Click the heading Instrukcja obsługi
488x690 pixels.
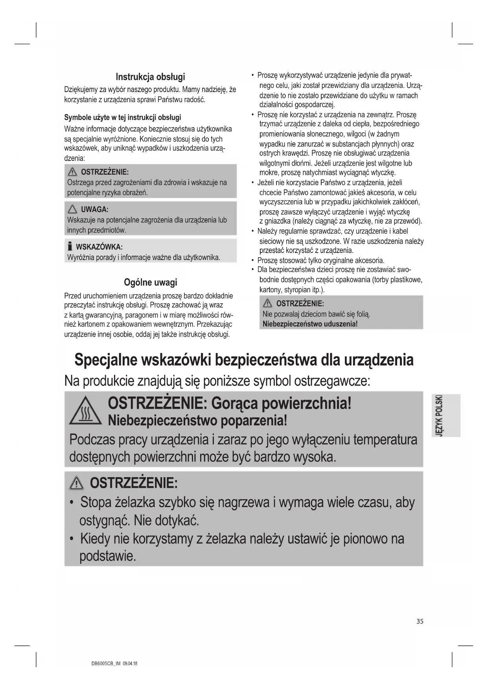tap(150, 77)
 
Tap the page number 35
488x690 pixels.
tap(420, 621)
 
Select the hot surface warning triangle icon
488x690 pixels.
tap(85, 411)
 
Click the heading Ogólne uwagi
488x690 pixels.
tap(150, 282)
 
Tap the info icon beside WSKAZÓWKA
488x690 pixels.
tap(70, 247)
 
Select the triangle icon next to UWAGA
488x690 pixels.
tap(72, 209)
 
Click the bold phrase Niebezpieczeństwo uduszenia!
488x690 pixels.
tap(310, 324)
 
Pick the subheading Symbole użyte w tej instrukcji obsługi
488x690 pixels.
tap(122, 117)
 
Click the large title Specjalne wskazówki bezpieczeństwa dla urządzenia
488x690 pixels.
tap(244, 360)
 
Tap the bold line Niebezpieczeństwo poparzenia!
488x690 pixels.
tap(197, 421)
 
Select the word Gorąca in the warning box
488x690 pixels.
tap(234, 403)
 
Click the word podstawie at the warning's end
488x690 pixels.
tap(107, 556)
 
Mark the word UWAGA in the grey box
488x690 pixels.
tap(95, 209)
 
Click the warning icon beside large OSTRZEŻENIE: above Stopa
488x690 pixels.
tap(76, 483)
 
